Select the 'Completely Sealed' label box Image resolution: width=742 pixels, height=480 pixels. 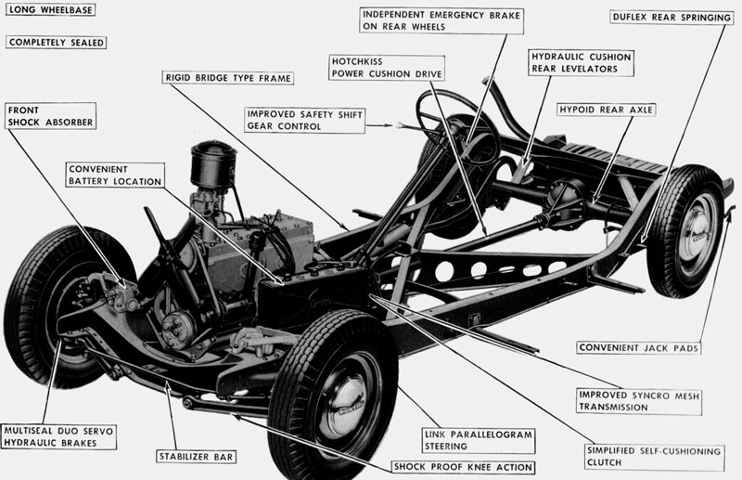pyautogui.click(x=56, y=42)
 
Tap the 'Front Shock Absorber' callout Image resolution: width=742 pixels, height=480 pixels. pyautogui.click(x=52, y=114)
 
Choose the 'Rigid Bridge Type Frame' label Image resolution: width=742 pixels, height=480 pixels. pyautogui.click(x=227, y=78)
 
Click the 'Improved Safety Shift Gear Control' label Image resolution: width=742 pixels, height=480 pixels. pyautogui.click(x=302, y=119)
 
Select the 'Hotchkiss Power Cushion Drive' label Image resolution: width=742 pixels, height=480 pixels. pyautogui.click(x=387, y=68)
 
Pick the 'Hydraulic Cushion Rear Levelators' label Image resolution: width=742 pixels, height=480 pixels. pyautogui.click(x=581, y=62)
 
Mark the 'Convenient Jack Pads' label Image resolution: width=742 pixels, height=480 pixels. pyautogui.click(x=637, y=348)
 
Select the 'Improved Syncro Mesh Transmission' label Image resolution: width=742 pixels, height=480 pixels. pyautogui.click(x=637, y=401)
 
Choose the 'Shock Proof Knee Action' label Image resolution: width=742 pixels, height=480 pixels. pyautogui.click(x=462, y=467)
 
